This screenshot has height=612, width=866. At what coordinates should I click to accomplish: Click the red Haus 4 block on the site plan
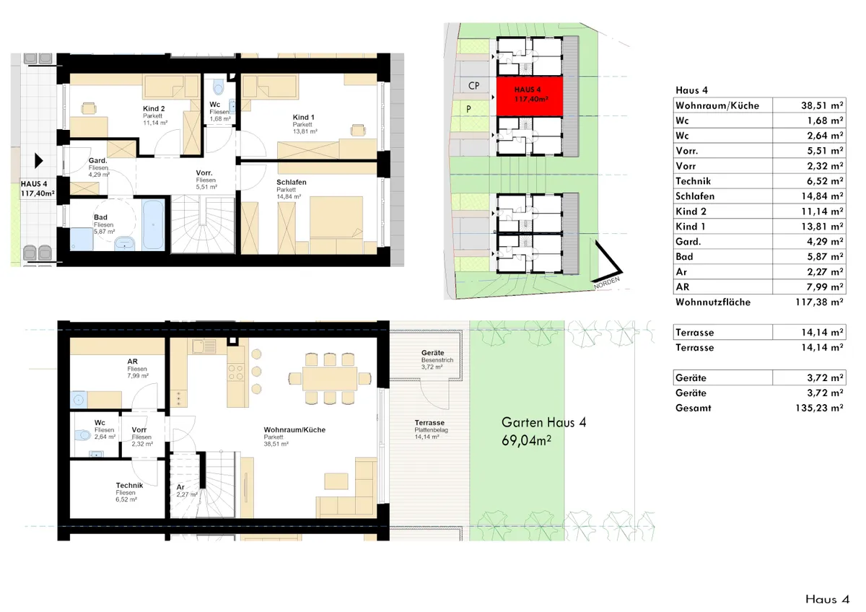pyautogui.click(x=529, y=96)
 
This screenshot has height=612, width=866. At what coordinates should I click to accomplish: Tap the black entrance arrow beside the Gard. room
pyautogui.click(x=39, y=160)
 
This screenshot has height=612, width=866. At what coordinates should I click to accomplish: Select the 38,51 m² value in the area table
pyautogui.click(x=822, y=105)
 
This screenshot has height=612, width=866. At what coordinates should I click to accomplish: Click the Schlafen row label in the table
pyautogui.click(x=695, y=196)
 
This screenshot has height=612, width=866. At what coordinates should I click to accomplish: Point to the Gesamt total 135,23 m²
pyautogui.click(x=819, y=408)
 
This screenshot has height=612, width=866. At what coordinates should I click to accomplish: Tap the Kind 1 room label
pyautogui.click(x=304, y=117)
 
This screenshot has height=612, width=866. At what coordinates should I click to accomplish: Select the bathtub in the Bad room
pyautogui.click(x=154, y=225)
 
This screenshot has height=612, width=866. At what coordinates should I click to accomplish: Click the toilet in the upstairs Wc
pyautogui.click(x=219, y=87)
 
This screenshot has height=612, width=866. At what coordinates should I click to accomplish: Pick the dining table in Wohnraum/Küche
pyautogui.click(x=330, y=378)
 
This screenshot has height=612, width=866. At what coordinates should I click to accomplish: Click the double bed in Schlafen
pyautogui.click(x=336, y=217)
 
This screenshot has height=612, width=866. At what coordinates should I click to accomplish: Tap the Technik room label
pyautogui.click(x=129, y=485)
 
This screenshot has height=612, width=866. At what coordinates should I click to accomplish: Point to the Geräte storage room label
pyautogui.click(x=432, y=353)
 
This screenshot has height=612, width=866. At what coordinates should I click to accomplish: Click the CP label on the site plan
pyautogui.click(x=473, y=86)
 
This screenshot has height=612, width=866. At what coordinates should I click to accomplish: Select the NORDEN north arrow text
pyautogui.click(x=607, y=283)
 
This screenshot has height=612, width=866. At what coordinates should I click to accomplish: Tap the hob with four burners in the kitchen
pyautogui.click(x=236, y=372)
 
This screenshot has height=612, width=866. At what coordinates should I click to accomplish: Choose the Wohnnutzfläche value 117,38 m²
pyautogui.click(x=819, y=302)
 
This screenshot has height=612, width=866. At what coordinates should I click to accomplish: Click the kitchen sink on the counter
pyautogui.click(x=204, y=346)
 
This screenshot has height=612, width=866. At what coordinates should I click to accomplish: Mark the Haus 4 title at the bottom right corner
pyautogui.click(x=827, y=599)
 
